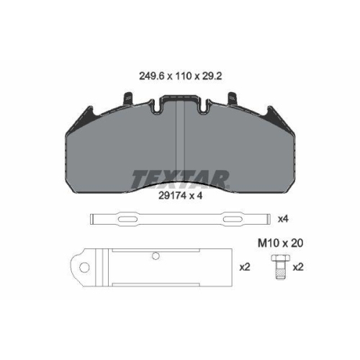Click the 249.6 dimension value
(151, 76)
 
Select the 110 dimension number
(184, 76)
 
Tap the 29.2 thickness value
(212, 76)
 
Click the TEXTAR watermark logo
(180, 179)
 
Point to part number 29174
(172, 196)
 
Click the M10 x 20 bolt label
(280, 243)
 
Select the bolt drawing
(281, 267)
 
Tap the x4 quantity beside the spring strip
(283, 219)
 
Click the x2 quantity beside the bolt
(298, 267)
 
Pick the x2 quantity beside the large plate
(245, 267)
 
